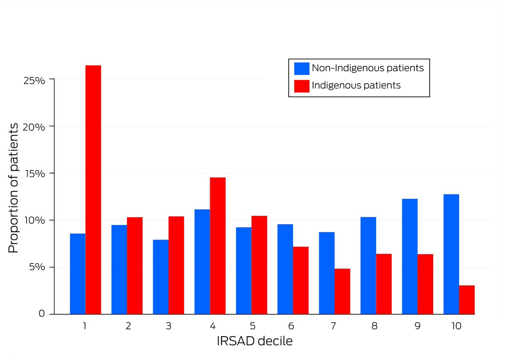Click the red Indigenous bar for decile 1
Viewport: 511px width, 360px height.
click(93, 190)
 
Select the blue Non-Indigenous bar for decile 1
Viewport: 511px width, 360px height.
click(78, 274)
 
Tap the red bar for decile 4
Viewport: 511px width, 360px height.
click(218, 245)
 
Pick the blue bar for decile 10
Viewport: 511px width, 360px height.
click(451, 254)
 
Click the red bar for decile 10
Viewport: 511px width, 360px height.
click(467, 300)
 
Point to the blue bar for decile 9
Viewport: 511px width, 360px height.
click(410, 256)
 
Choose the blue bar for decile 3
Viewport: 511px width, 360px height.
click(161, 276)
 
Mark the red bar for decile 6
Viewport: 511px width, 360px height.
click(301, 280)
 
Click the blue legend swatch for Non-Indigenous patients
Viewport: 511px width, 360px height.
click(301, 68)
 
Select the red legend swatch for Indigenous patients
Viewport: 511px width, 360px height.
click(301, 86)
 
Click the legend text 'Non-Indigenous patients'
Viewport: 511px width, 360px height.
click(367, 68)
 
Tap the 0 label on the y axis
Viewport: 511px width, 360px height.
click(41, 314)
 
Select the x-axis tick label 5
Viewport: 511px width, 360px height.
click(253, 326)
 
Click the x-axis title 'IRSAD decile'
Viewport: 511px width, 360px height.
click(255, 342)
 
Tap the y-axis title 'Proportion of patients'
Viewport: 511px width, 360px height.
click(14, 188)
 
